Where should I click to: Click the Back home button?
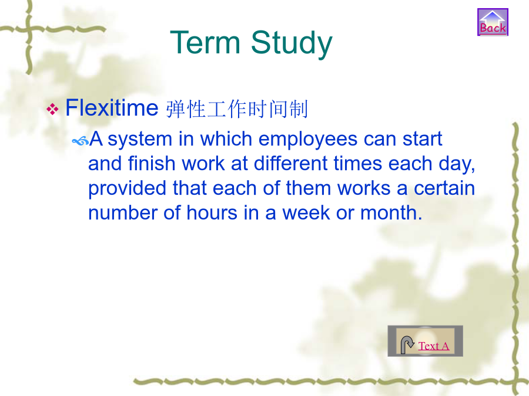pos(493,22)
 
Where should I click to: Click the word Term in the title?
pos(205,42)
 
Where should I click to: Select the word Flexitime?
pos(112,108)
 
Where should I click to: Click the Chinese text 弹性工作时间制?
pos(237,109)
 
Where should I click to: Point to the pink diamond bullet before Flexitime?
pos(52,109)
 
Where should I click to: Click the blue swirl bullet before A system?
pos(81,141)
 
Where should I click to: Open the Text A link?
pos(434,346)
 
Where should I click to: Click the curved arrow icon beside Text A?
pos(407,345)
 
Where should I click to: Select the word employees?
pos(307,140)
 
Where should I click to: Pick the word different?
pos(290,163)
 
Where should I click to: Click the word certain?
pos(444,188)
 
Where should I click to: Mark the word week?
pos(306,213)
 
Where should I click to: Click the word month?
pos(391,213)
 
